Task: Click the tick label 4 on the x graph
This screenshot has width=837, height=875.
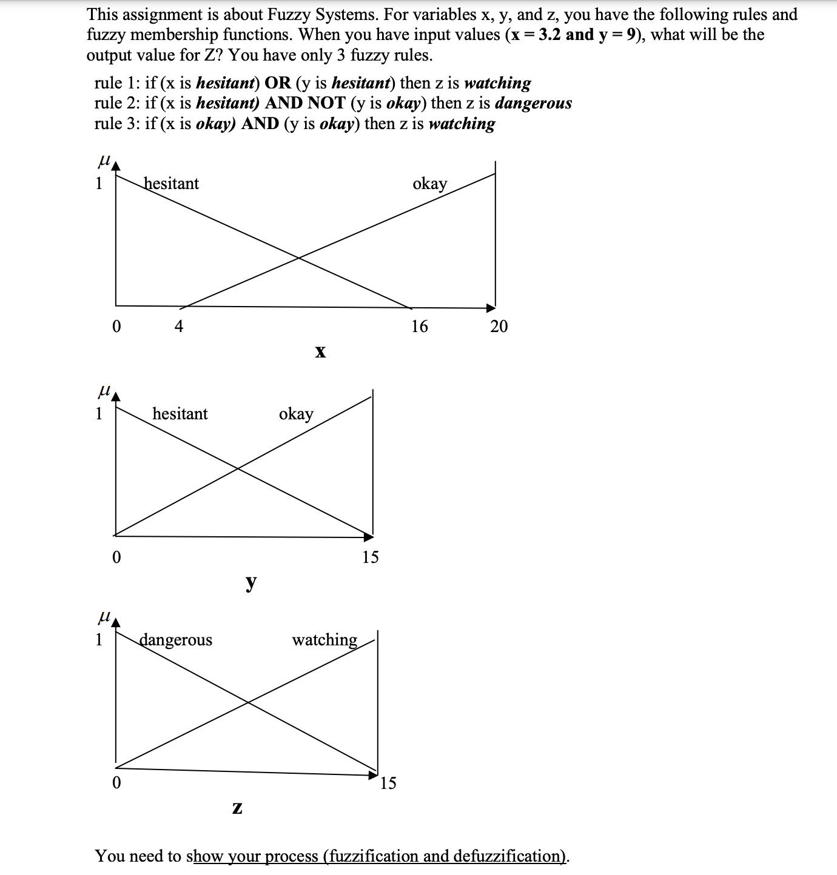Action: (179, 327)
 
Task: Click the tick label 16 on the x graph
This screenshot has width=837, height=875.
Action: (419, 327)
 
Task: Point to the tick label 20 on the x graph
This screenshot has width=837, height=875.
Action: (499, 327)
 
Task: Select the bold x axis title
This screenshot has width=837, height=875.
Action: (320, 351)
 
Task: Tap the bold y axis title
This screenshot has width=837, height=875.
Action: (250, 582)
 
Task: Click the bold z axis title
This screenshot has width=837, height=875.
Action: (237, 808)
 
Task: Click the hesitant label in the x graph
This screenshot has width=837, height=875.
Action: (172, 184)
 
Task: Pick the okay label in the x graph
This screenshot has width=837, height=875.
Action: (429, 184)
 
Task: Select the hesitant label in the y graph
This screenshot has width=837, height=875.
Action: (180, 414)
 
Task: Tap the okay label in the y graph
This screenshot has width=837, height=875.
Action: (296, 414)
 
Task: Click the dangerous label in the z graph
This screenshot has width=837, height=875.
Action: (176, 640)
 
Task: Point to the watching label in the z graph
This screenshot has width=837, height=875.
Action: (324, 640)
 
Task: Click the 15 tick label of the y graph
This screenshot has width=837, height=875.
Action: (370, 557)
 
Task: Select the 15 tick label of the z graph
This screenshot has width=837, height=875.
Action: (388, 783)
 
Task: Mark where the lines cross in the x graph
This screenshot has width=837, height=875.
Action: (298, 258)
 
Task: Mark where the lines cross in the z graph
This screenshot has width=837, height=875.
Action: (248, 702)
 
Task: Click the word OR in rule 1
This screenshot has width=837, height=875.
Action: (278, 83)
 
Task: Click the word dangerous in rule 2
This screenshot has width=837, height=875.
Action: (533, 104)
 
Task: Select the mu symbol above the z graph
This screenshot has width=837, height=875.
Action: (104, 617)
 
